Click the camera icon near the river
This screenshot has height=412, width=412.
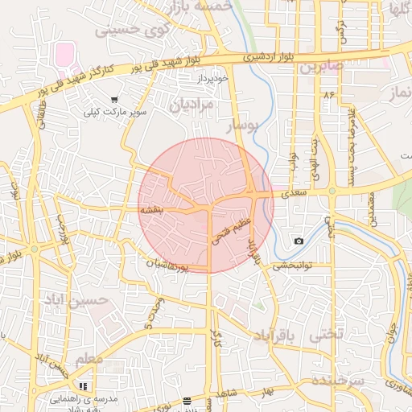tap(299, 241)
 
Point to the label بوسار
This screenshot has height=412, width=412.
tap(242, 126)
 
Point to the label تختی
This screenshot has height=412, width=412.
tap(329, 333)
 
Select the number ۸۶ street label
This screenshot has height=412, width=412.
tap(328, 95)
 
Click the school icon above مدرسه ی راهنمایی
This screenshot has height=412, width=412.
tap(83, 386)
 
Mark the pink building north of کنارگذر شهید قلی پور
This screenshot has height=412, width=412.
tap(64, 56)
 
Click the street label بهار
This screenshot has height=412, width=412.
tap(266, 392)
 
